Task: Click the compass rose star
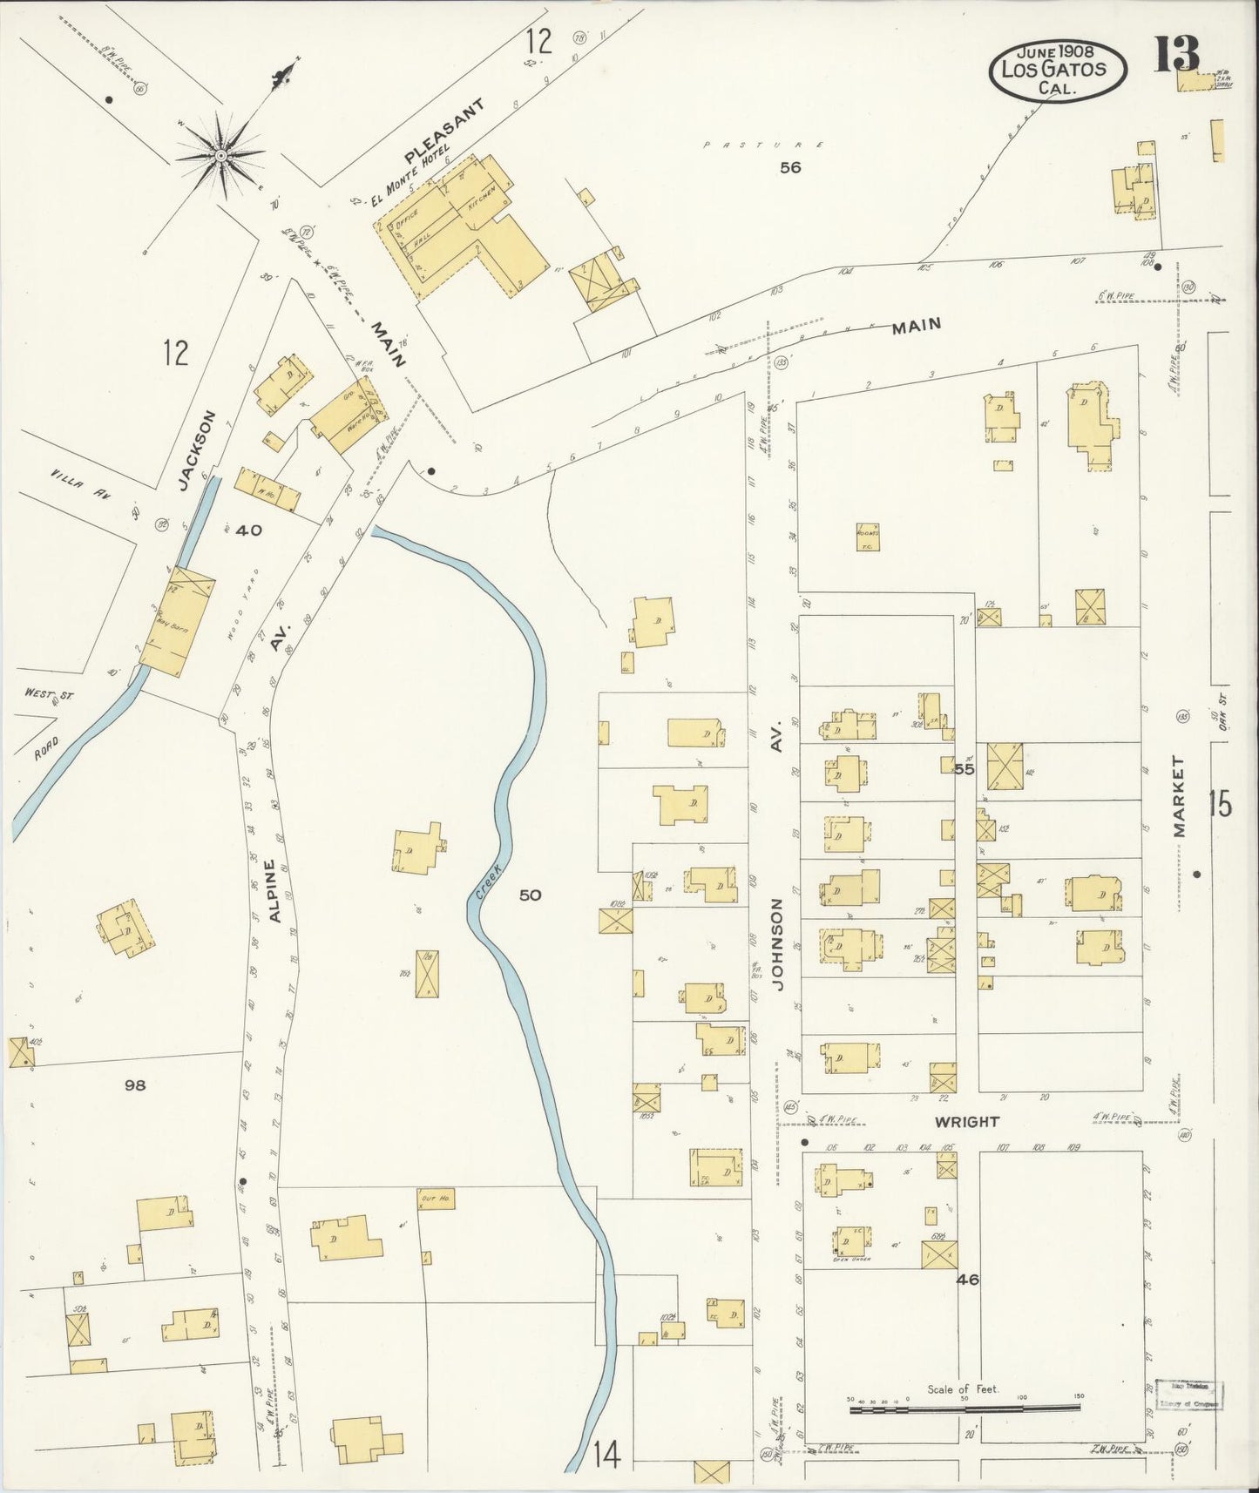[221, 156]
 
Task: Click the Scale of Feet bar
[964, 1405]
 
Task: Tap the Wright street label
[966, 1122]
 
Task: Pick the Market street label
[1180, 797]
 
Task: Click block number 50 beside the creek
[530, 895]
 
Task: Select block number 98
[134, 1084]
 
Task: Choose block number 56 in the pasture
[789, 167]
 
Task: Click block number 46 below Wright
[967, 1280]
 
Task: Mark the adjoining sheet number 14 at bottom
[606, 1455]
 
